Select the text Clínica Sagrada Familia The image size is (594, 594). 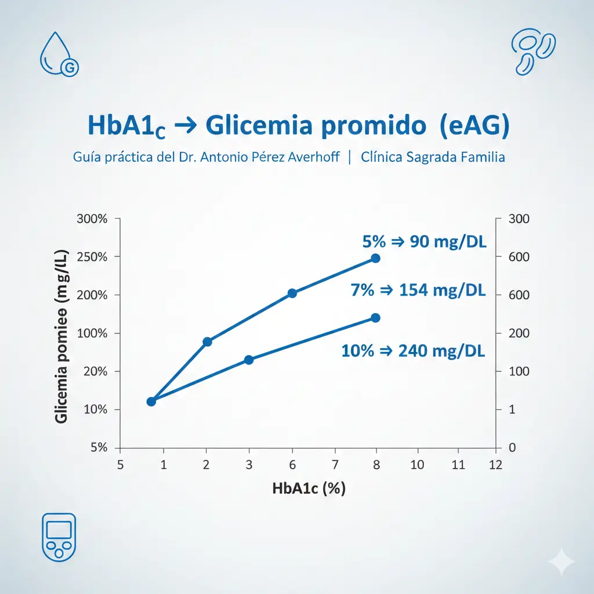[433, 157]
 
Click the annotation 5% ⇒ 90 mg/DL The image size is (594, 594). [424, 241]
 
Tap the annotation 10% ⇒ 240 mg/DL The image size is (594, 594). [414, 350]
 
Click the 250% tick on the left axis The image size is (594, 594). [92, 256]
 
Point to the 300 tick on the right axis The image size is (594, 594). [519, 219]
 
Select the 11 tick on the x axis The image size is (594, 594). [458, 465]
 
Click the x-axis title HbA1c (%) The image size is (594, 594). [309, 488]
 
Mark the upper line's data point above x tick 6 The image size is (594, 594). [292, 294]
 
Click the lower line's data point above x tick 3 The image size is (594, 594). [249, 360]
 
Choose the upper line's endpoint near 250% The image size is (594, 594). [375, 258]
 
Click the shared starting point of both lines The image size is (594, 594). [151, 401]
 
